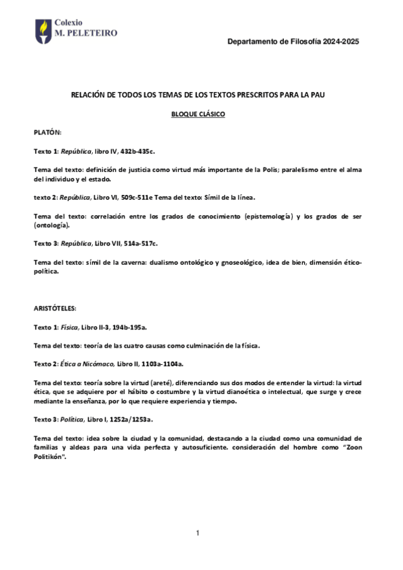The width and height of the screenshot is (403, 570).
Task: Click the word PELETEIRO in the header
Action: tap(92, 32)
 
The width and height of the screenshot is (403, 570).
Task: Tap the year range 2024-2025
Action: tap(340, 42)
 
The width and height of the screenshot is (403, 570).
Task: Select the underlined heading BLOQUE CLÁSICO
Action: tap(198, 114)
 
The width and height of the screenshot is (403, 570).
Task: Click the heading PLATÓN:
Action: tap(48, 133)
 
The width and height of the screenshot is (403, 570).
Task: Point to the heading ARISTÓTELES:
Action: tap(56, 308)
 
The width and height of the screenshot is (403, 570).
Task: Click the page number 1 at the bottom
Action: tap(198, 533)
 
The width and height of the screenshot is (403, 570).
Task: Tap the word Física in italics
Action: tap(69, 327)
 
